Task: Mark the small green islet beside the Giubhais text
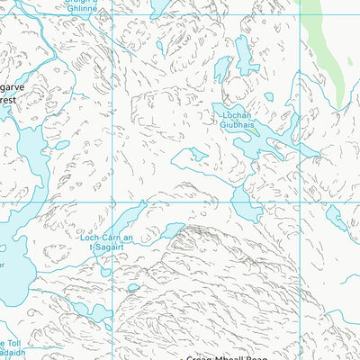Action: (256, 134)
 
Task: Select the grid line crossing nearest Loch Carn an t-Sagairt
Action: (112, 202)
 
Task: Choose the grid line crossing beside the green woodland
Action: (299, 15)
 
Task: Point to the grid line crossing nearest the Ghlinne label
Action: (112, 15)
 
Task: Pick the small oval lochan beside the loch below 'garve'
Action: (61, 145)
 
